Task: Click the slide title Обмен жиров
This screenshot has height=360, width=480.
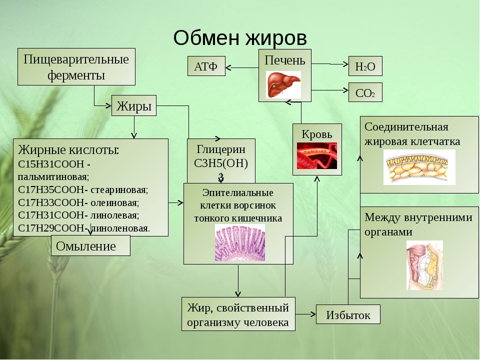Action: tap(240, 38)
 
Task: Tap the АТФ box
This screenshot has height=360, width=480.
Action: tap(206, 66)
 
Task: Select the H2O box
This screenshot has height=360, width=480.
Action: tap(365, 66)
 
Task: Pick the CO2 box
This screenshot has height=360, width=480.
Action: tap(365, 92)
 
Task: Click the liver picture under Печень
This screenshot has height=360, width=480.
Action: tap(283, 85)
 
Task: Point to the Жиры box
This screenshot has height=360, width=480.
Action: tap(134, 105)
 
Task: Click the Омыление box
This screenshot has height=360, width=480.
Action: tap(90, 245)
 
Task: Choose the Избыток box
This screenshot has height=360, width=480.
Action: tap(348, 314)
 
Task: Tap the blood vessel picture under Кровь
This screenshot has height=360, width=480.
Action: tap(317, 156)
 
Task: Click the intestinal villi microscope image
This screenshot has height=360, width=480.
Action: tap(240, 242)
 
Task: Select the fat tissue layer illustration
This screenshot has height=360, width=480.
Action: tap(419, 167)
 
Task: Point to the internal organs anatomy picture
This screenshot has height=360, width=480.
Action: tap(424, 265)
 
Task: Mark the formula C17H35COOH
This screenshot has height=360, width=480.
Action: tap(51, 190)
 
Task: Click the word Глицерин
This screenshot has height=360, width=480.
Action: tap(220, 149)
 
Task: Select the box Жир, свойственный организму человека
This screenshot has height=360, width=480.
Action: tap(238, 314)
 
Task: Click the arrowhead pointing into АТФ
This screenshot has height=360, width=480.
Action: tap(228, 67)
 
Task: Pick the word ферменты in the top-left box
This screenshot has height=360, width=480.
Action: tap(76, 75)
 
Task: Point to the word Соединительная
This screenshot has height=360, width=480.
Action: tap(406, 126)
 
